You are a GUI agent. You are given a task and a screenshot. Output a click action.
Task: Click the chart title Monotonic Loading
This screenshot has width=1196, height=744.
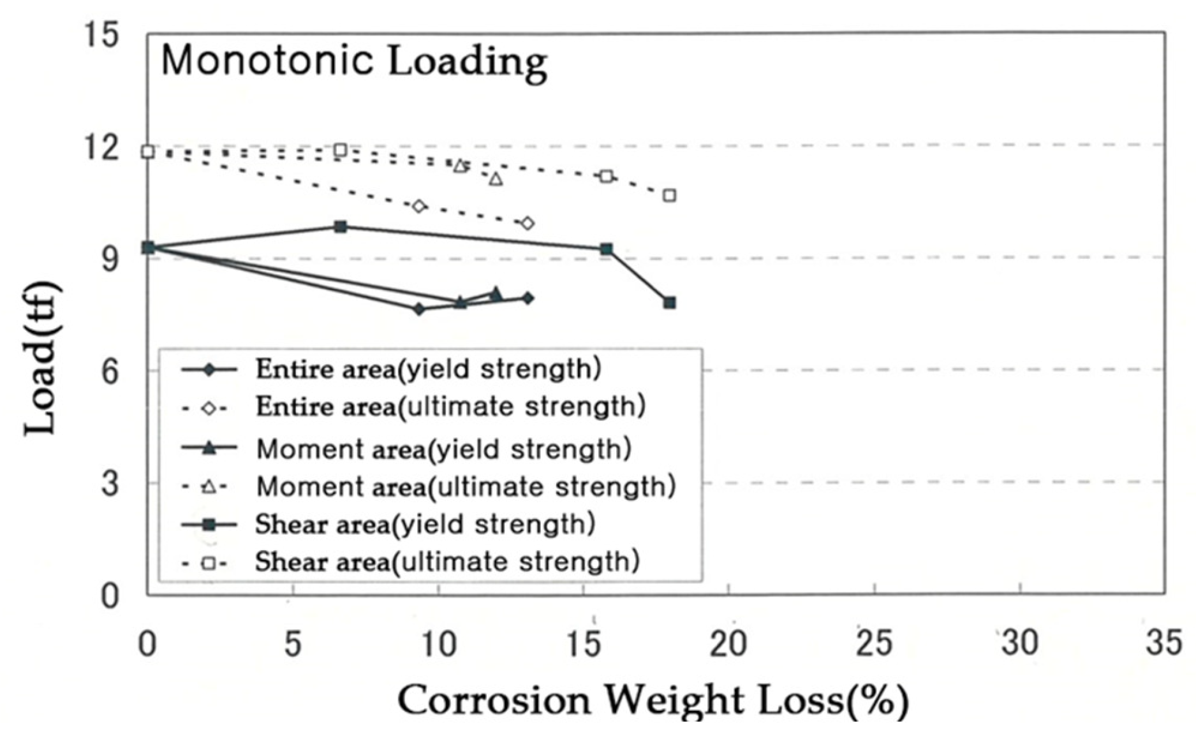point(354,61)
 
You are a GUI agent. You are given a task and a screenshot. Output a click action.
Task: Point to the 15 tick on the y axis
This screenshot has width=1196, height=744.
point(101,34)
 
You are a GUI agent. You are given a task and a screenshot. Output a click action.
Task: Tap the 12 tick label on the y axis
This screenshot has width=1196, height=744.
point(101,147)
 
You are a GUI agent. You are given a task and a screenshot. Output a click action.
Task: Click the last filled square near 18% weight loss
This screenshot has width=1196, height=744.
point(669,303)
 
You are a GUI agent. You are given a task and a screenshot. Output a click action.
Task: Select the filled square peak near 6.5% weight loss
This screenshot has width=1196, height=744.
point(341,226)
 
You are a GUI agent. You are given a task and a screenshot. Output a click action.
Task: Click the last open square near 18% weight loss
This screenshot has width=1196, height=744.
point(669,195)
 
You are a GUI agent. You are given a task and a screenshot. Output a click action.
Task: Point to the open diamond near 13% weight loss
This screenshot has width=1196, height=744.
point(528,223)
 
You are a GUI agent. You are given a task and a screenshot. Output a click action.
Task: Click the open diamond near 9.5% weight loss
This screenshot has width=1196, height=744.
point(419,206)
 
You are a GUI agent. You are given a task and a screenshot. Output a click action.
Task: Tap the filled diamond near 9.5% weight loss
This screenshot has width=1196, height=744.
point(419,309)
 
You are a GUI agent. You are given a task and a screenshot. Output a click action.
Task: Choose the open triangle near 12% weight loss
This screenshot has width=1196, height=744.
point(496,180)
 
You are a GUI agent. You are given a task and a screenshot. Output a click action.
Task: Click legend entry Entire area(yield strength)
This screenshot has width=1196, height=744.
point(428,369)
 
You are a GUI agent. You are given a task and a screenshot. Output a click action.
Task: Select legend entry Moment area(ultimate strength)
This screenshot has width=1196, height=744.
point(466,487)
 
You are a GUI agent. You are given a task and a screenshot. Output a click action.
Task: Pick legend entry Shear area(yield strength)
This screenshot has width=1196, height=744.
point(425,524)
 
